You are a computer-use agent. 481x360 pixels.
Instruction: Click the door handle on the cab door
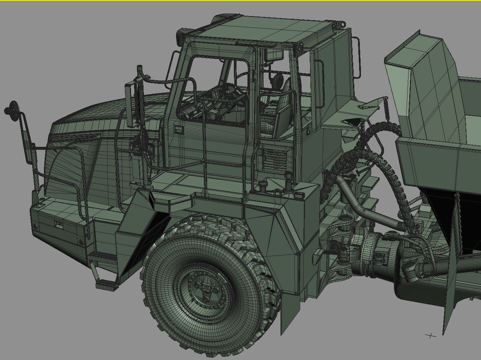click(179, 129)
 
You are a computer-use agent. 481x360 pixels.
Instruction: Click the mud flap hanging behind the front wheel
click(290, 311)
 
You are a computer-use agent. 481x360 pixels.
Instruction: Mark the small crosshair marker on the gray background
click(431, 335)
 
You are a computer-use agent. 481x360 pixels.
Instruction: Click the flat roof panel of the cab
click(264, 31)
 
